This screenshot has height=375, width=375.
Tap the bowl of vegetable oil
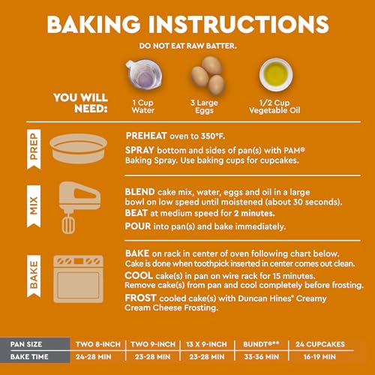[276, 75]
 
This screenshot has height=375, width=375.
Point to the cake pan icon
[79, 148]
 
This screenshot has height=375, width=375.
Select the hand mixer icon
[79, 207]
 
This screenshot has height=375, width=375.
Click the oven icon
[79, 279]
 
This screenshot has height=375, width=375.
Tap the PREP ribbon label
[34, 149]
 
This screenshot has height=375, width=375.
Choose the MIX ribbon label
[34, 206]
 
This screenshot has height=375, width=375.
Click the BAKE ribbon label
[34, 276]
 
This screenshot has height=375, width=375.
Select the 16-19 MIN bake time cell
[319, 357]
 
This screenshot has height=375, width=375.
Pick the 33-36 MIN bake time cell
[262, 357]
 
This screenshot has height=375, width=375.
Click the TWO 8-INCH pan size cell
[98, 344]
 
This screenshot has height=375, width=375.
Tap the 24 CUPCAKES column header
[320, 344]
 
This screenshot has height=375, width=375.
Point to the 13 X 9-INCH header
[206, 344]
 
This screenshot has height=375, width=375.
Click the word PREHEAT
[146, 136]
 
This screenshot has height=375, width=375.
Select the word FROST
[140, 298]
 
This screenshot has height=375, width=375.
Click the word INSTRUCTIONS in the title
[238, 24]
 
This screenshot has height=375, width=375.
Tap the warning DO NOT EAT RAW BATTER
[187, 46]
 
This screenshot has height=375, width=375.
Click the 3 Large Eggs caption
[204, 106]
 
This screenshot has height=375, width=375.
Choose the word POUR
[138, 226]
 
